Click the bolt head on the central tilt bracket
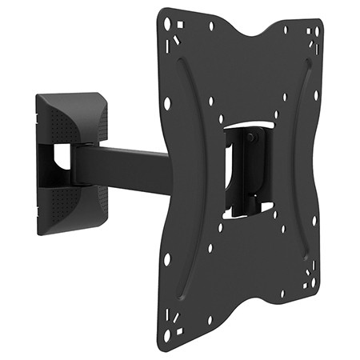(253, 138)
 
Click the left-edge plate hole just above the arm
(166, 103)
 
